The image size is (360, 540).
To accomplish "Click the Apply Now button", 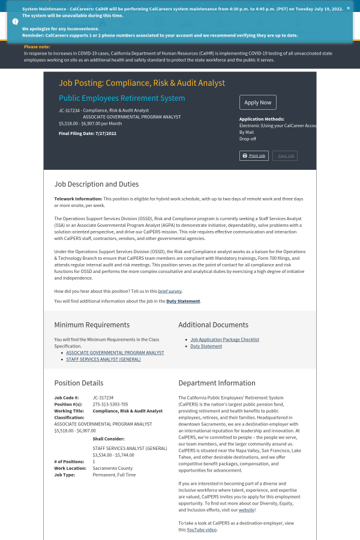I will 257,103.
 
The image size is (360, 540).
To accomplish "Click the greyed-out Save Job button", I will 285,156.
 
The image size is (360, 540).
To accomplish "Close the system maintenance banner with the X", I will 348,8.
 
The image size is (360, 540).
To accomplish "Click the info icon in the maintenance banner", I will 15,21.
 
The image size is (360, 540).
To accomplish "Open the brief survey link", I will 170,291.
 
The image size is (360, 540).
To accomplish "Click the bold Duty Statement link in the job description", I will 183,301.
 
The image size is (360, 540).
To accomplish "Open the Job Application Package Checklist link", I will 224,340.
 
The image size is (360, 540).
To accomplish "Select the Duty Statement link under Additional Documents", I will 206,346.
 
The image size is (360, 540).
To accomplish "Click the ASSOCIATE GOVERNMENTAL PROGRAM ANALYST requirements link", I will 115,353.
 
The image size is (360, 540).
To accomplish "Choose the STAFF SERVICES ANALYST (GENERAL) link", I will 103,359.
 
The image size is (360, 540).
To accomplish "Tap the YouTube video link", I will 201,530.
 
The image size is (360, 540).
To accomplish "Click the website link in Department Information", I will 246,510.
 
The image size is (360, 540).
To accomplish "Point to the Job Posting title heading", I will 142,83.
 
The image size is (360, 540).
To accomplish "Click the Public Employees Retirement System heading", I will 122,98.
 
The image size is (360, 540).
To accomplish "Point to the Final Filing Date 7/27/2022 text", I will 88,133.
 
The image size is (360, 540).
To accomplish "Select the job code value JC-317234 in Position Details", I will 103,398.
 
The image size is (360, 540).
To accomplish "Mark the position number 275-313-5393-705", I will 110,404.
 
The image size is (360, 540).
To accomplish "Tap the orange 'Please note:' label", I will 37,47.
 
